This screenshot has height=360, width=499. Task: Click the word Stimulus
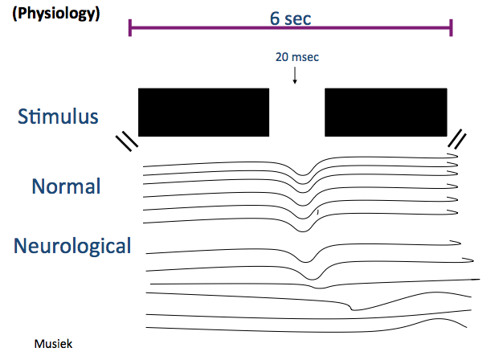pos(58,117)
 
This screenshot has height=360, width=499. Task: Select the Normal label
pos(66,186)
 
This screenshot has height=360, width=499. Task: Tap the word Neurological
pos(72,246)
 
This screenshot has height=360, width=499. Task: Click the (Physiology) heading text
pos(56,14)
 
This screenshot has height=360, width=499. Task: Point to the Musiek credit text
pos(54,344)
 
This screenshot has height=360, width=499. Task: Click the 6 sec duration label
pos(290,18)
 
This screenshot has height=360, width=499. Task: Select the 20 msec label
pos(297,57)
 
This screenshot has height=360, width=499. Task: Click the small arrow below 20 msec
pos(295,75)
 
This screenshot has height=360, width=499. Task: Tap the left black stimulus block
pos(203,112)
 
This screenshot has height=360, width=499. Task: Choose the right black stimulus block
pos(386,112)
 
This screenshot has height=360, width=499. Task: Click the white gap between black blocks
pos(297,112)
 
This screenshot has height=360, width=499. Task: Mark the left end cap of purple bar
pos(130,27)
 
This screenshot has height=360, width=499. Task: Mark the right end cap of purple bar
pos(451,27)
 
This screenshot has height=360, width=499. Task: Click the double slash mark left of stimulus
pos(127,142)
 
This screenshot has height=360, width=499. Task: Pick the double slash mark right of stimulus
pos(457,139)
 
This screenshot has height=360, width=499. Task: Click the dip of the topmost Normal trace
pos(303,174)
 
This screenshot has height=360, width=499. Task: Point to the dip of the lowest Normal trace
pos(303,231)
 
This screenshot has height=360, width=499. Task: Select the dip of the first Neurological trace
pos(306,261)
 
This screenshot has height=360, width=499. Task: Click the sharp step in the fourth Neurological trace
pos(351,307)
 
